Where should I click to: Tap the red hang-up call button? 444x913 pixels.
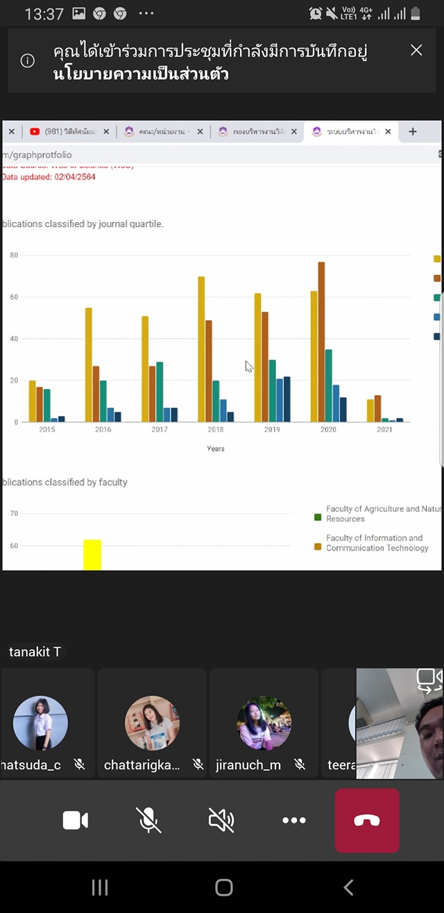point(367,820)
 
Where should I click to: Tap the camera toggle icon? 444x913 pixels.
point(75,821)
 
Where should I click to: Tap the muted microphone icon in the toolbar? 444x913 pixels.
point(148,821)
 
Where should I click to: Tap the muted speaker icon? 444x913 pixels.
point(221,821)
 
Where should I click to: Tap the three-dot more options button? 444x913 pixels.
point(294,821)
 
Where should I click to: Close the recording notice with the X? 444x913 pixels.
point(416,50)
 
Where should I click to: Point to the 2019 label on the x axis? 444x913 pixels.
point(272,430)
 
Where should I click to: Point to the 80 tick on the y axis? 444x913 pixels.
point(13,256)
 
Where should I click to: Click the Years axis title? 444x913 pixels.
point(216,449)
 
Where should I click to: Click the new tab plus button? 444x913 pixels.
point(412,131)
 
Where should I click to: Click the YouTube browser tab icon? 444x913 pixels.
point(35,131)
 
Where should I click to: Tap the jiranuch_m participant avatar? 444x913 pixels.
point(264,723)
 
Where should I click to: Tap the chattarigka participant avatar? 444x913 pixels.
point(152,723)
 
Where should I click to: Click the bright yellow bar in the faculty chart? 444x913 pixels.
point(92,555)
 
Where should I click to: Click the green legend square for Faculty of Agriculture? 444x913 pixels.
point(318,517)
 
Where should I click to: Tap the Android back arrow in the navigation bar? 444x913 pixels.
point(348,887)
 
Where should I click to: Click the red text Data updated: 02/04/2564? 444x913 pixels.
point(49,177)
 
